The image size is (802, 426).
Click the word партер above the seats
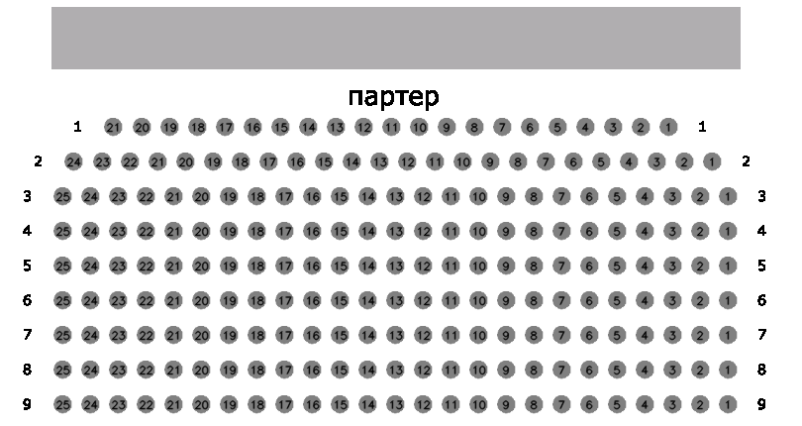393,96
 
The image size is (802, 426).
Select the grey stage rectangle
396,38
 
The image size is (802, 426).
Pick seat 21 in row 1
114,127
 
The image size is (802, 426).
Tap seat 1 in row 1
668,127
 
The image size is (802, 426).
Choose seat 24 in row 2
74,162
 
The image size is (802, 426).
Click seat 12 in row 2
407,162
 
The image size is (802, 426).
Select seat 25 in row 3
62,196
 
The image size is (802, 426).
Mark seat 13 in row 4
395,232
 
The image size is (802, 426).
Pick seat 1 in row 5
728,266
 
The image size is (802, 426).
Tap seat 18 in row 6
256,300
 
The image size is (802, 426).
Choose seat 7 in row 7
561,336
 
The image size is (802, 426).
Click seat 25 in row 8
62,370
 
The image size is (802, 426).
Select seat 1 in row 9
728,404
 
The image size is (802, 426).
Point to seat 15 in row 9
340,404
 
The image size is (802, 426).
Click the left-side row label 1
77,127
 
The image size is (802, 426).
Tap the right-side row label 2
746,161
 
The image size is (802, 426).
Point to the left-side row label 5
27,266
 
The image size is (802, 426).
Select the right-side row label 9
761,404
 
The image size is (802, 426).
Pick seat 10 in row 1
419,127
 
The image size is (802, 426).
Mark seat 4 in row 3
645,196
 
